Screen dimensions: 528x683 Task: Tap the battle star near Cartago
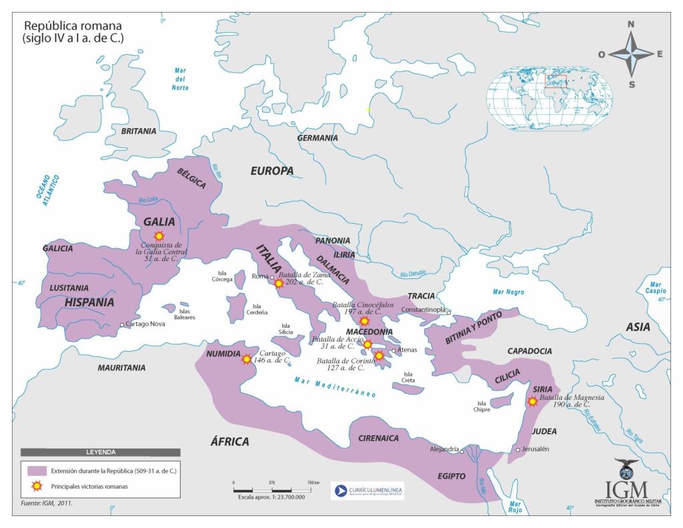click(x=247, y=359)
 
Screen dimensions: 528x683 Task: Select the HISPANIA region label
click(x=89, y=302)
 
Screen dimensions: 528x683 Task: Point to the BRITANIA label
click(x=139, y=131)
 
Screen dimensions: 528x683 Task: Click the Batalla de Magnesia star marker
click(x=532, y=402)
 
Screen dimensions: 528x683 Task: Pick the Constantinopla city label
click(x=424, y=310)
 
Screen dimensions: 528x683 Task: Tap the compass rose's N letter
click(x=631, y=25)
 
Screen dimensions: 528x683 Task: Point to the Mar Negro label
click(x=508, y=292)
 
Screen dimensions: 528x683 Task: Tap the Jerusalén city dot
click(x=518, y=450)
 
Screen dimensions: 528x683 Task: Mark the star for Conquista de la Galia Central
click(x=159, y=236)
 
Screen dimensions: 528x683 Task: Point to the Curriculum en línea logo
click(x=368, y=491)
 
